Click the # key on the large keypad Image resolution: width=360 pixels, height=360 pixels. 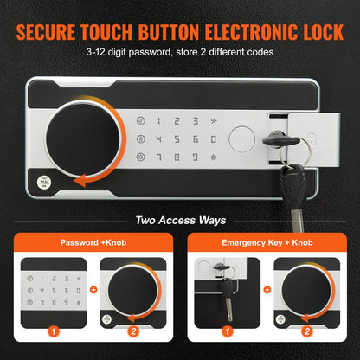pyautogui.click(x=213, y=157)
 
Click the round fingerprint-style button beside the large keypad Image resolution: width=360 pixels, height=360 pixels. pyautogui.click(x=245, y=138)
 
